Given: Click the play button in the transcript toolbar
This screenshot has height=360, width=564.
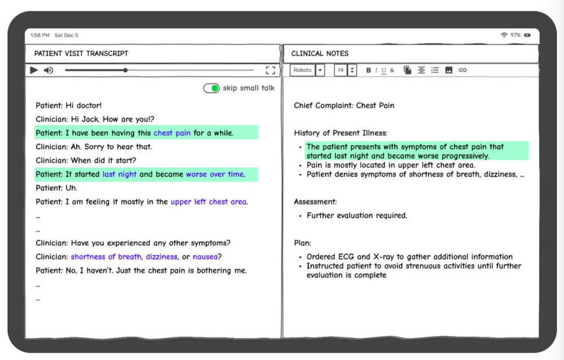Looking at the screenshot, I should [34, 70].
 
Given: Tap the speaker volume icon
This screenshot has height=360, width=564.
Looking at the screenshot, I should [49, 70].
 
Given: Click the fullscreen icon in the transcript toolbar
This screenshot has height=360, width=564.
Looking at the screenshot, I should [270, 70].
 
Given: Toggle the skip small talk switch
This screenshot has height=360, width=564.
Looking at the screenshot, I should [211, 88].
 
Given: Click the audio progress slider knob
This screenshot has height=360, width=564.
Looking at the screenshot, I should [125, 70].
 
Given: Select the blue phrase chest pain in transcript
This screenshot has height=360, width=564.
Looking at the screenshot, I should [172, 133].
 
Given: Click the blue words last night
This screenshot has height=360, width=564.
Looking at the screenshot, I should [120, 174].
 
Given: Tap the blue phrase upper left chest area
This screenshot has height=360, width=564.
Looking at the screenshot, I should [209, 201].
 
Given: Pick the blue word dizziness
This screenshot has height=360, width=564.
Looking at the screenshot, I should [161, 257].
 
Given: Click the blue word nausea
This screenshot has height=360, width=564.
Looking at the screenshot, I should [205, 257].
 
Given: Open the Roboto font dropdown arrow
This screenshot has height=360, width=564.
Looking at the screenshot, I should [320, 70].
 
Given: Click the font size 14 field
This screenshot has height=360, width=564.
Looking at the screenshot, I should [341, 70].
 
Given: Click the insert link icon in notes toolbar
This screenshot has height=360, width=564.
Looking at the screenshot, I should [462, 70].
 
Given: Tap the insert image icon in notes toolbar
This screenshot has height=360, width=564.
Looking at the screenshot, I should [449, 70].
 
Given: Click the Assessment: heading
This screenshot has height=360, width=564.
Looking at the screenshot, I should [315, 201].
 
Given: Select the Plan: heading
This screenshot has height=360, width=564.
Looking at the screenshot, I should [302, 243].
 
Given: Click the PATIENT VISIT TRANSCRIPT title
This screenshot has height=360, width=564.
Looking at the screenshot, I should [81, 54].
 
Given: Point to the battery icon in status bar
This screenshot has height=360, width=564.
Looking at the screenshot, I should [527, 35].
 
